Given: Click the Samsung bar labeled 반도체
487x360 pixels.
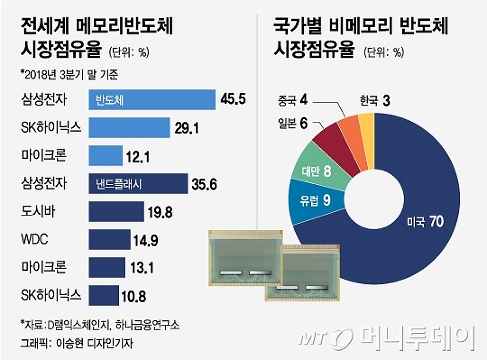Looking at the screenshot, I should (x=152, y=100).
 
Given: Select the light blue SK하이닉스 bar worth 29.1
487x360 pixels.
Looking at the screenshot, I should (x=129, y=128).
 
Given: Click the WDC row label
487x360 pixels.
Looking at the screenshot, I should (x=34, y=240).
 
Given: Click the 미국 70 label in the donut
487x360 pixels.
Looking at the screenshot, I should (x=424, y=222).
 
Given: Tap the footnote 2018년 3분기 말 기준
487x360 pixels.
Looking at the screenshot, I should (x=69, y=74).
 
